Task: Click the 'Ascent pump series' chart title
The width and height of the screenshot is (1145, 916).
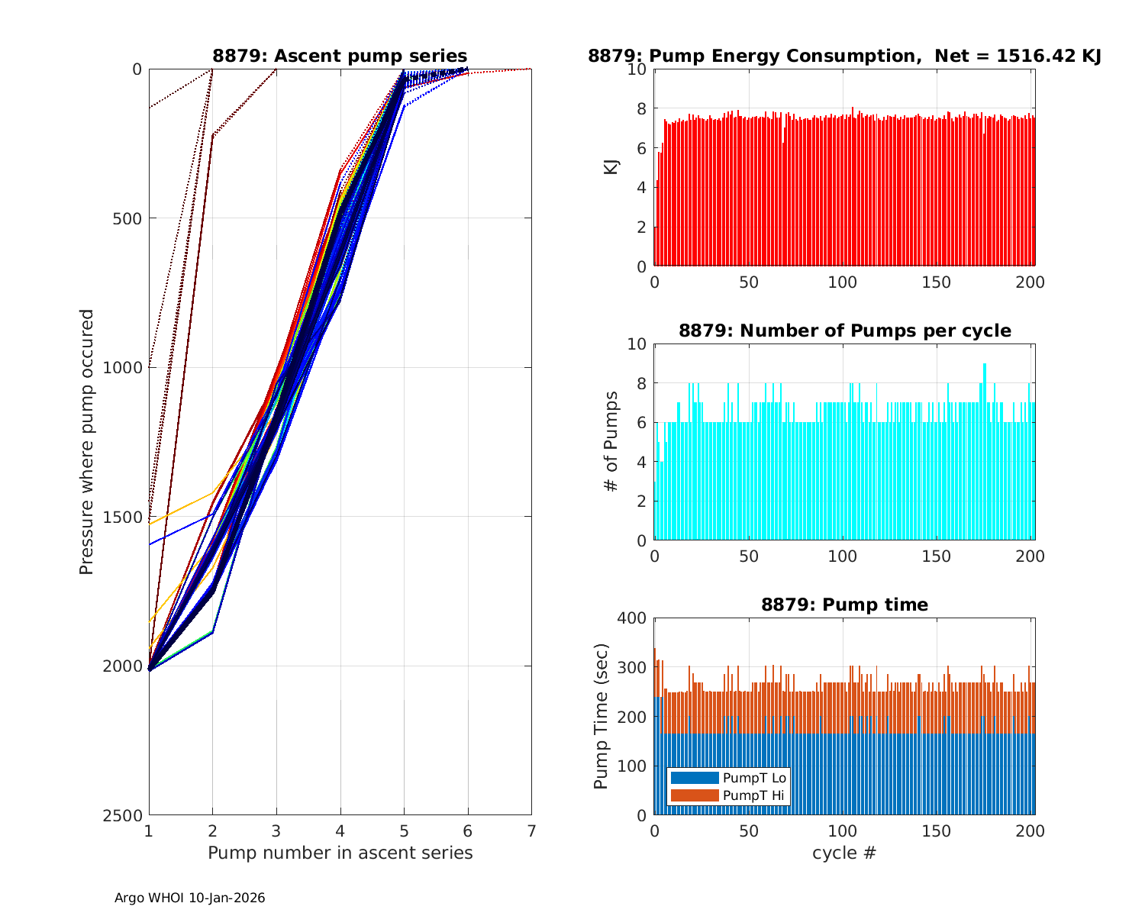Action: click(x=340, y=56)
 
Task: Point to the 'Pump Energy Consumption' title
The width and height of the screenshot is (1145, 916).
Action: click(x=844, y=56)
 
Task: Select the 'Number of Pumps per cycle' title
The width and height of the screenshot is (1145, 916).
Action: click(x=844, y=331)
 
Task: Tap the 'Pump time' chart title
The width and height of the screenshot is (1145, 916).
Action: click(x=844, y=605)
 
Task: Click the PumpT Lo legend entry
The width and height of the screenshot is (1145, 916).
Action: click(x=754, y=778)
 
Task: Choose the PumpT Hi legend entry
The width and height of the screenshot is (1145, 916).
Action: click(x=753, y=795)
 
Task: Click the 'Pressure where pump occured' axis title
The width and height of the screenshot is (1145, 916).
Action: click(x=87, y=442)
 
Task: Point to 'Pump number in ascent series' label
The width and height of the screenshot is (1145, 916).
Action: click(x=340, y=853)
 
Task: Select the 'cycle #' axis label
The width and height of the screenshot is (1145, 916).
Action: click(x=844, y=853)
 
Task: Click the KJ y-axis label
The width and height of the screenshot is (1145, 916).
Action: click(x=611, y=167)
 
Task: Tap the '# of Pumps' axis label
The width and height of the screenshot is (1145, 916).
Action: click(x=611, y=442)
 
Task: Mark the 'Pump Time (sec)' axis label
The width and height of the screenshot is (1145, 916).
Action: click(x=602, y=717)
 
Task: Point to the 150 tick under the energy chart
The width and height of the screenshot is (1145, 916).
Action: click(x=937, y=282)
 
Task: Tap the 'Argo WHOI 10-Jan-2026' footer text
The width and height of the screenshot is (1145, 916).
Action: click(x=190, y=898)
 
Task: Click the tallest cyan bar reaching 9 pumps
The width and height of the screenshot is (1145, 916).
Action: click(x=985, y=450)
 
